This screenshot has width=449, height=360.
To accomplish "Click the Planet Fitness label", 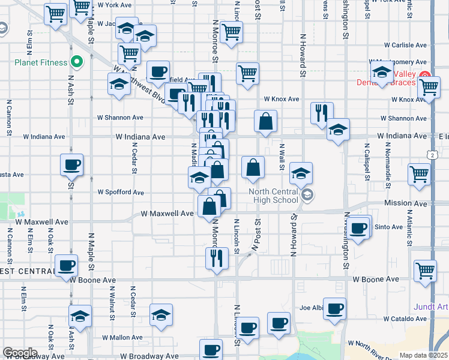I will (x=35, y=61).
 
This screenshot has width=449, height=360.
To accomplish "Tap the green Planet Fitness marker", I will (x=77, y=61).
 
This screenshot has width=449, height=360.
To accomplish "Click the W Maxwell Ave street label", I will (x=167, y=214).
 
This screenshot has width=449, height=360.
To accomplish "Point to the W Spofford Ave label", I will (x=121, y=193).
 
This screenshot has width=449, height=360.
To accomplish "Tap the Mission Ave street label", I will (x=406, y=203).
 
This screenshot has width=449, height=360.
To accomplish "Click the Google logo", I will (x=20, y=353).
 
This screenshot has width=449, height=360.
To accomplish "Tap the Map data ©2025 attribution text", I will (x=424, y=355).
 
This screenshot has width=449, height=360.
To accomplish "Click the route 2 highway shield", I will (x=432, y=155).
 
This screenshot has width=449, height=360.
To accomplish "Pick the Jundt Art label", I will (x=431, y=307).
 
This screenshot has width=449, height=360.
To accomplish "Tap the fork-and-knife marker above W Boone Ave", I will (x=215, y=257).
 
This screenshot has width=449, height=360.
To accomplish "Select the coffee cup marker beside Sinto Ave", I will (x=359, y=229).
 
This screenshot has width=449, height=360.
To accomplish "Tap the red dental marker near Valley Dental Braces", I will (x=425, y=74).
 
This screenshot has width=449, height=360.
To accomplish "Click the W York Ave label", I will (x=114, y=4).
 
